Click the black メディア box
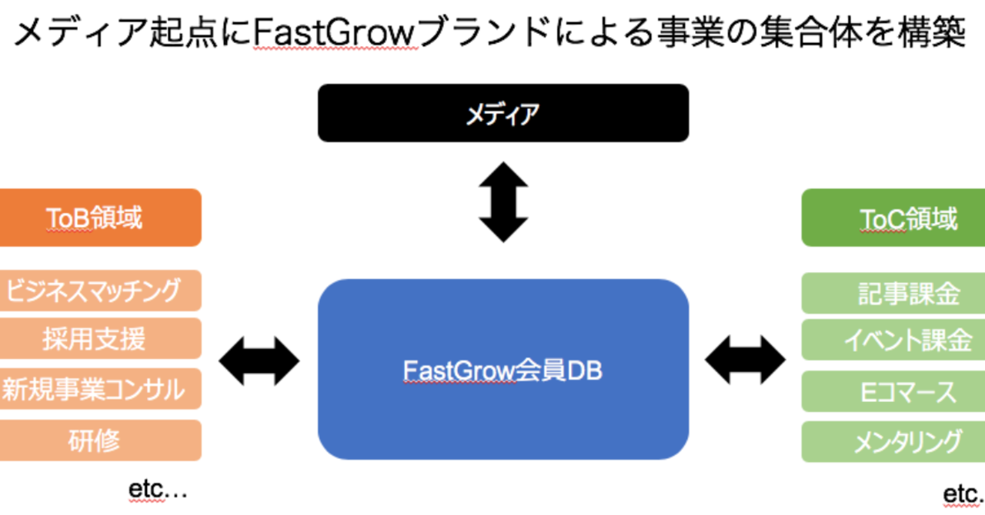503,113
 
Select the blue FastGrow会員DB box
503,370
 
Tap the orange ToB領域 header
100,218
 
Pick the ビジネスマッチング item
100,291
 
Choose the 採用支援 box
100,338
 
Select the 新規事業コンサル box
100,389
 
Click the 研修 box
100,440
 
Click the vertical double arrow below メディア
503,202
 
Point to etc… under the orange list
157,490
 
